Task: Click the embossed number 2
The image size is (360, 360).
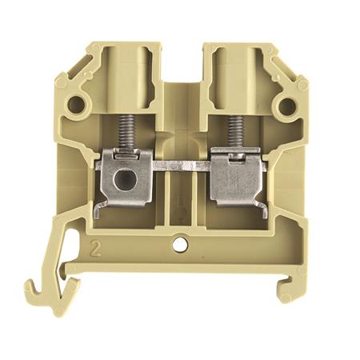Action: click(96, 248)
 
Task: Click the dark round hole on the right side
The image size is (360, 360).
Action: click(287, 106)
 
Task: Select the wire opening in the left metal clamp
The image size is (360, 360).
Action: click(126, 180)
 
